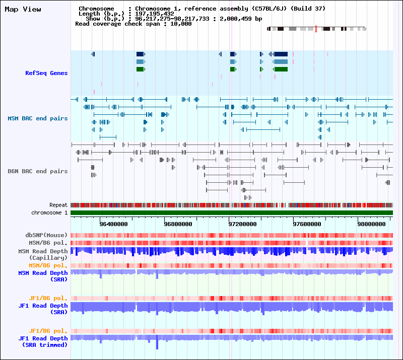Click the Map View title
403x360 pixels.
[23, 9]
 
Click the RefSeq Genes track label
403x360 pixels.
[46, 73]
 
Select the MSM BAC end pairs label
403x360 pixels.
[38, 118]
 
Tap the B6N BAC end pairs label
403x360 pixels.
[38, 171]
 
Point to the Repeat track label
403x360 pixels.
[58, 205]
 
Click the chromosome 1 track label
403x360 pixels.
[49, 213]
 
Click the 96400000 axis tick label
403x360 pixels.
[114, 224]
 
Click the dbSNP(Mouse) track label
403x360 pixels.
[46, 235]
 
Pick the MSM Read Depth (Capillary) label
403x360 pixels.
[43, 254]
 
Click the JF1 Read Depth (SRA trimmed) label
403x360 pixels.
[43, 341]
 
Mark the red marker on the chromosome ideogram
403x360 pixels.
[316, 29]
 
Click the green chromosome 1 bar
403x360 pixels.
[232, 213]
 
